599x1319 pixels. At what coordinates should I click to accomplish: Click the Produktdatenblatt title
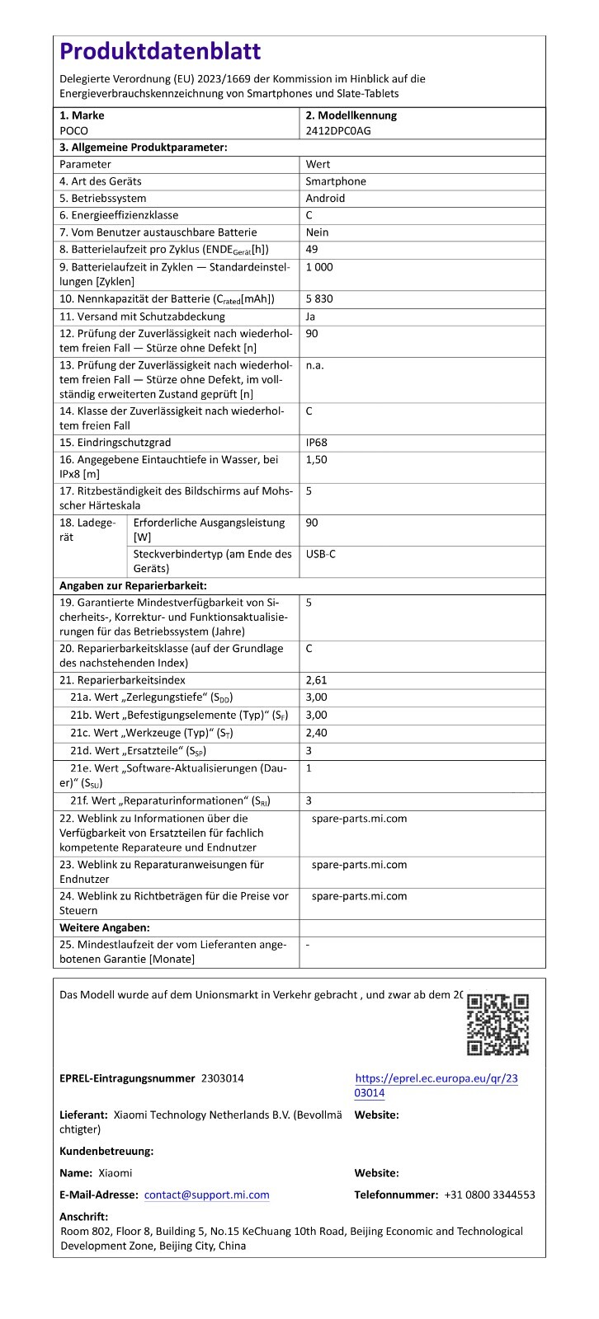(x=161, y=52)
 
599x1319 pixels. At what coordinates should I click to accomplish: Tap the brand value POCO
(x=73, y=130)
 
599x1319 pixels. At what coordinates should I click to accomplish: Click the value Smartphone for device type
(x=336, y=181)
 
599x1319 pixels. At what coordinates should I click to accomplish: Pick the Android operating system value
(x=325, y=199)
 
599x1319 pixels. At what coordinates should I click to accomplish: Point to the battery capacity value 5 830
(x=319, y=298)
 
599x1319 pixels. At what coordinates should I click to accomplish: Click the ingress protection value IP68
(x=316, y=443)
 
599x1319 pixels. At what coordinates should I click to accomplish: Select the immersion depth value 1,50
(x=316, y=459)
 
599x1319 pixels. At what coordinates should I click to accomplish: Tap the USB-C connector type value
(x=320, y=554)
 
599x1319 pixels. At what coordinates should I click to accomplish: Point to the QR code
(x=498, y=1025)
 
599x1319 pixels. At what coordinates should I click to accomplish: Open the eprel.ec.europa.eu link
(x=436, y=1086)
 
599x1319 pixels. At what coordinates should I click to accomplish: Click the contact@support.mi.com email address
(x=206, y=1195)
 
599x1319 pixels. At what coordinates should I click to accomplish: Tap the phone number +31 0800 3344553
(x=489, y=1195)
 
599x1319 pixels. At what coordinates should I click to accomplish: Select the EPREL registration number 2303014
(x=222, y=1078)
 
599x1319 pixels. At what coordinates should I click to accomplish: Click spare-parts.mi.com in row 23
(x=359, y=865)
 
